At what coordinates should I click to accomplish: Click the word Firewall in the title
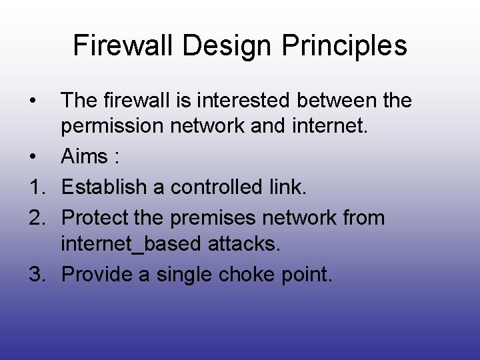(x=123, y=45)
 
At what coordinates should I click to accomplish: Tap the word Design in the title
(x=227, y=47)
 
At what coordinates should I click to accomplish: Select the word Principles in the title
(x=344, y=47)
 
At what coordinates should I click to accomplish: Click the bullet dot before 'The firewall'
(x=33, y=100)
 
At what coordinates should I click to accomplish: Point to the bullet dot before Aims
(x=33, y=157)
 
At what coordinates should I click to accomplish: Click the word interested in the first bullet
(x=243, y=100)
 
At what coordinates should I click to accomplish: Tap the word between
(x=337, y=100)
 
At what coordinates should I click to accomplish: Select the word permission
(x=112, y=127)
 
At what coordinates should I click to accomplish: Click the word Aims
(x=84, y=155)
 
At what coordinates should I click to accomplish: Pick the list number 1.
(x=37, y=187)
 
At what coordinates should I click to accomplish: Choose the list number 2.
(x=37, y=217)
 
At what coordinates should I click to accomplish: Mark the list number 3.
(x=37, y=274)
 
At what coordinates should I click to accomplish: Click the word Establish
(x=104, y=187)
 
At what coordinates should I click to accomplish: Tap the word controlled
(x=216, y=187)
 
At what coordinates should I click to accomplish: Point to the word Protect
(x=95, y=217)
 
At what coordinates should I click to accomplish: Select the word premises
(x=213, y=219)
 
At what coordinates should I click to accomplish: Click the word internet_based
(x=131, y=244)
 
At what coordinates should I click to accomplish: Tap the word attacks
(x=244, y=243)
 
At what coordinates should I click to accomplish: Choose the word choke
(x=246, y=273)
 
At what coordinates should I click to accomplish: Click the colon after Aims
(x=117, y=157)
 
